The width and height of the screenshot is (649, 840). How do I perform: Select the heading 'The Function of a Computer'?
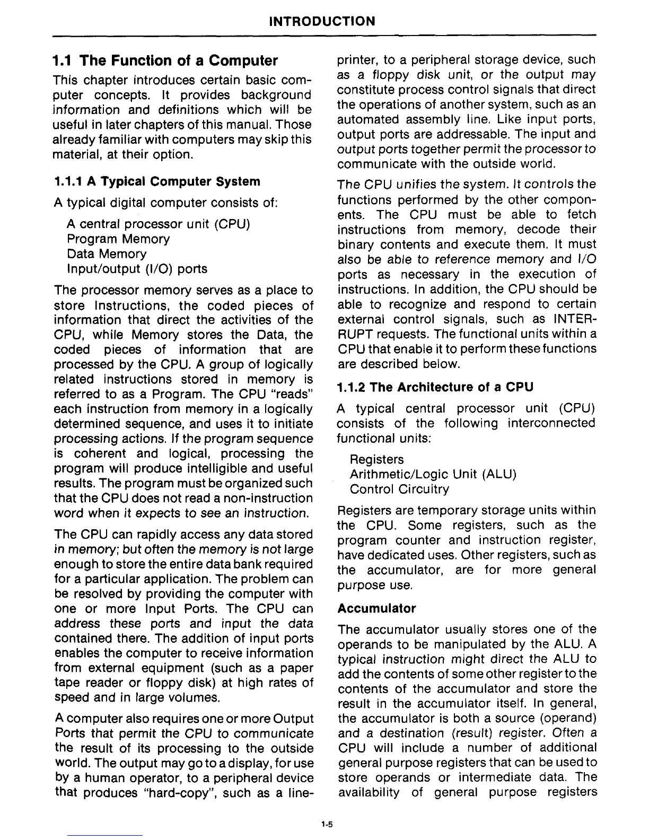click(165, 61)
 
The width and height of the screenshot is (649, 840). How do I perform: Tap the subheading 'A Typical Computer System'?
click(157, 182)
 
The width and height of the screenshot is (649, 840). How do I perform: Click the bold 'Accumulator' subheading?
click(376, 608)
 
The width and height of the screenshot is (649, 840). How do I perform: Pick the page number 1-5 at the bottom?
click(325, 824)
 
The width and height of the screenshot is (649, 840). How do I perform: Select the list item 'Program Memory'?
click(118, 239)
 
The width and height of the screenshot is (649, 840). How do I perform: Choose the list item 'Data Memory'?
click(107, 254)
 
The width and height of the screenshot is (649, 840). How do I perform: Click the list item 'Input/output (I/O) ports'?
click(137, 269)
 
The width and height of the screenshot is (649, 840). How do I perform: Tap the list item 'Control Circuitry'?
click(399, 489)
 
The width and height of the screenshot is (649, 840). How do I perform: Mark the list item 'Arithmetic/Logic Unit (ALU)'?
click(433, 474)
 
